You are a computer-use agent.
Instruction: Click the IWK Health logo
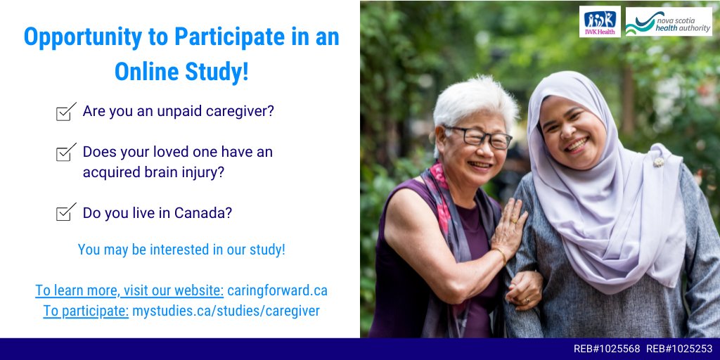(x=600, y=22)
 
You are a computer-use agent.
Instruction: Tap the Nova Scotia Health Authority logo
(x=668, y=22)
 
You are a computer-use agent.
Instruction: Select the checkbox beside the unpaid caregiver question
(x=66, y=112)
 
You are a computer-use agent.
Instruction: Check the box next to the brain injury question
(x=66, y=152)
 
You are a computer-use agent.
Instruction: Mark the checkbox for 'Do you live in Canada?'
(x=66, y=212)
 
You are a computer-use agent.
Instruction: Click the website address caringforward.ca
(x=277, y=290)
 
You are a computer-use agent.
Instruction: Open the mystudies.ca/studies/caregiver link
(x=226, y=311)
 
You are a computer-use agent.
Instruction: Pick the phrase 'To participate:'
(x=86, y=311)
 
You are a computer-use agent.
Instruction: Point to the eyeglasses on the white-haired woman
(x=478, y=136)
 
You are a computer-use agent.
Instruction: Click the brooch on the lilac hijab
(x=659, y=162)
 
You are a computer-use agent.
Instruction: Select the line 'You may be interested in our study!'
(x=181, y=250)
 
